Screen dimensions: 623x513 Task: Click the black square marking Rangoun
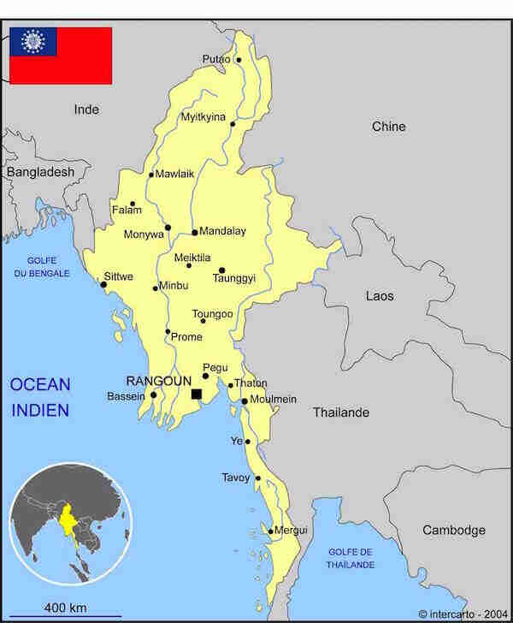coord(196,394)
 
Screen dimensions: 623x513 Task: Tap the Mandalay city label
coord(222,231)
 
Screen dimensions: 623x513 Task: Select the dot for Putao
coord(239,60)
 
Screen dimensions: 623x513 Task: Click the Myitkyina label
coord(203,117)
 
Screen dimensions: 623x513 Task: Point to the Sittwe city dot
coord(104,284)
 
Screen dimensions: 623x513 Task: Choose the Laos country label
coord(380,296)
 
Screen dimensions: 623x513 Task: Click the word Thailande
coord(340,412)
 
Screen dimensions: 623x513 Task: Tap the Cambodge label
coord(453,531)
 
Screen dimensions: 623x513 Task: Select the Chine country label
coord(388,127)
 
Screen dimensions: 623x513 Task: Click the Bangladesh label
coord(40,172)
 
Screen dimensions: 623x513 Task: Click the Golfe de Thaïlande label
coord(349,559)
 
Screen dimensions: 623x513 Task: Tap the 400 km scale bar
coord(67,615)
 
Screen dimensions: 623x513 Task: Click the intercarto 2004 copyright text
coord(461,614)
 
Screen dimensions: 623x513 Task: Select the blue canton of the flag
coord(33,41)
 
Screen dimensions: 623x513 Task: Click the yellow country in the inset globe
coord(67,519)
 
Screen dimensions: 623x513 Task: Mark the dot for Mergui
coord(271,531)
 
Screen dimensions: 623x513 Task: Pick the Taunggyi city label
coord(235,278)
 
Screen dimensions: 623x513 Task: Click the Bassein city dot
coord(153,395)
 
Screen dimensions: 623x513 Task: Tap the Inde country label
coord(86,110)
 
